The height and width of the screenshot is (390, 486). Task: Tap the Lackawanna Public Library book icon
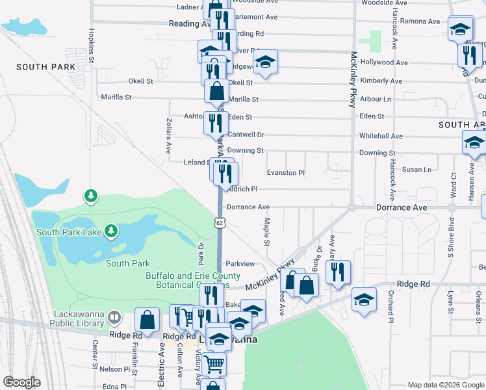[x=115, y=317]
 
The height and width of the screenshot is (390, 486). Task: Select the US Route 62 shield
[x=220, y=222]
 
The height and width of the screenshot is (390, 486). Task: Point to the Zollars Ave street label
[x=168, y=135]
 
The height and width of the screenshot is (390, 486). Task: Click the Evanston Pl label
[x=286, y=173]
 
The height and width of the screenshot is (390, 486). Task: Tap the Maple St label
[x=266, y=232]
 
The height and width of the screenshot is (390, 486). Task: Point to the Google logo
[x=21, y=382]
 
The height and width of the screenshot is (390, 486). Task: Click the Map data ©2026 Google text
[x=445, y=385]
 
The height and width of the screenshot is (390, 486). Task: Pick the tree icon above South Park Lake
[x=91, y=196]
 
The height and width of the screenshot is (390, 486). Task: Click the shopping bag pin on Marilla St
[x=216, y=91]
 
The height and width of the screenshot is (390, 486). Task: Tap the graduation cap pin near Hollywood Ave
[x=264, y=62]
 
